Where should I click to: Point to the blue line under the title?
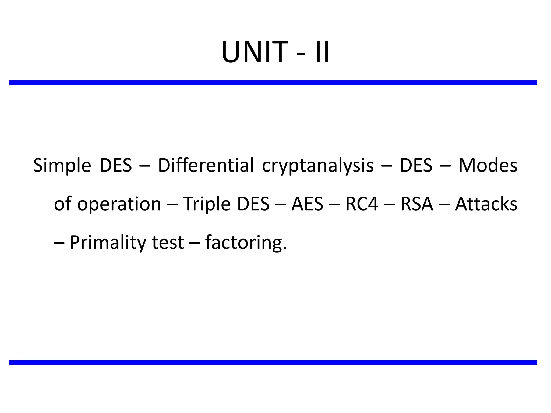coord(273,83)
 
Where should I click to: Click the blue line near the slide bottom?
coord(273,362)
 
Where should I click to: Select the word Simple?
coord(62,165)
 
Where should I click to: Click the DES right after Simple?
coord(116,165)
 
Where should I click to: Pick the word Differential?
coord(206,165)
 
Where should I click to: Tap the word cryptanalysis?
coord(318,165)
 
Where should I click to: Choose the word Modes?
coord(488,165)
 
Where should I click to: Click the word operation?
coord(119,204)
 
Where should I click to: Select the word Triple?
coord(207,204)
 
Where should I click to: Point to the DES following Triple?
coord(253,204)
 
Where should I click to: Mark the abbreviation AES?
coord(307,204)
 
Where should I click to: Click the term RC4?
coord(362,204)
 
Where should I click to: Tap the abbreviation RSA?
coord(417,204)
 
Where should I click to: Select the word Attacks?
coord(486,204)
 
